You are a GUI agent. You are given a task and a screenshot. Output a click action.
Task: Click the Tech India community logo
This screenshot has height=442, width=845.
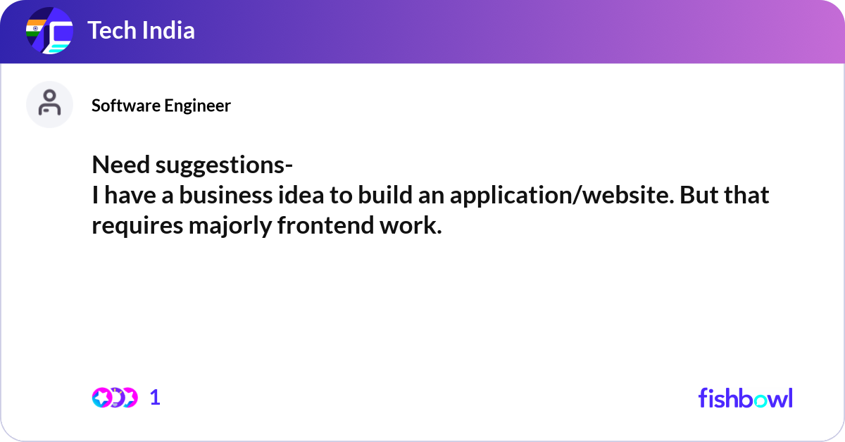point(49,32)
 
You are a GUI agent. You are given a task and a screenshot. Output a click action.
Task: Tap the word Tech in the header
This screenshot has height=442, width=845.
point(108,30)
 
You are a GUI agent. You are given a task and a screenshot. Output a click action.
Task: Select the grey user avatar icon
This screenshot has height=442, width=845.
point(49,104)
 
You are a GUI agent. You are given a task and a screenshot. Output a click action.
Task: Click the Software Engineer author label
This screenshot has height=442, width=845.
point(161,106)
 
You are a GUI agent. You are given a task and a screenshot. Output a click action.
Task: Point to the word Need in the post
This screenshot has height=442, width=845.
point(121,166)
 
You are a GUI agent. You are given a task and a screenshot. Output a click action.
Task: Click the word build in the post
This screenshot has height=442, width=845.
point(384,196)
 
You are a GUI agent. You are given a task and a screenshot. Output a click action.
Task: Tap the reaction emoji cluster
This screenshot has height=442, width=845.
point(114,398)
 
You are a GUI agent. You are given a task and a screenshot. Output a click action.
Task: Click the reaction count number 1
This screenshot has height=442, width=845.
point(155,398)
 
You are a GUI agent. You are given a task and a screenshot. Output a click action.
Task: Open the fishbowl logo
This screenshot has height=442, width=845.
point(745,398)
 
